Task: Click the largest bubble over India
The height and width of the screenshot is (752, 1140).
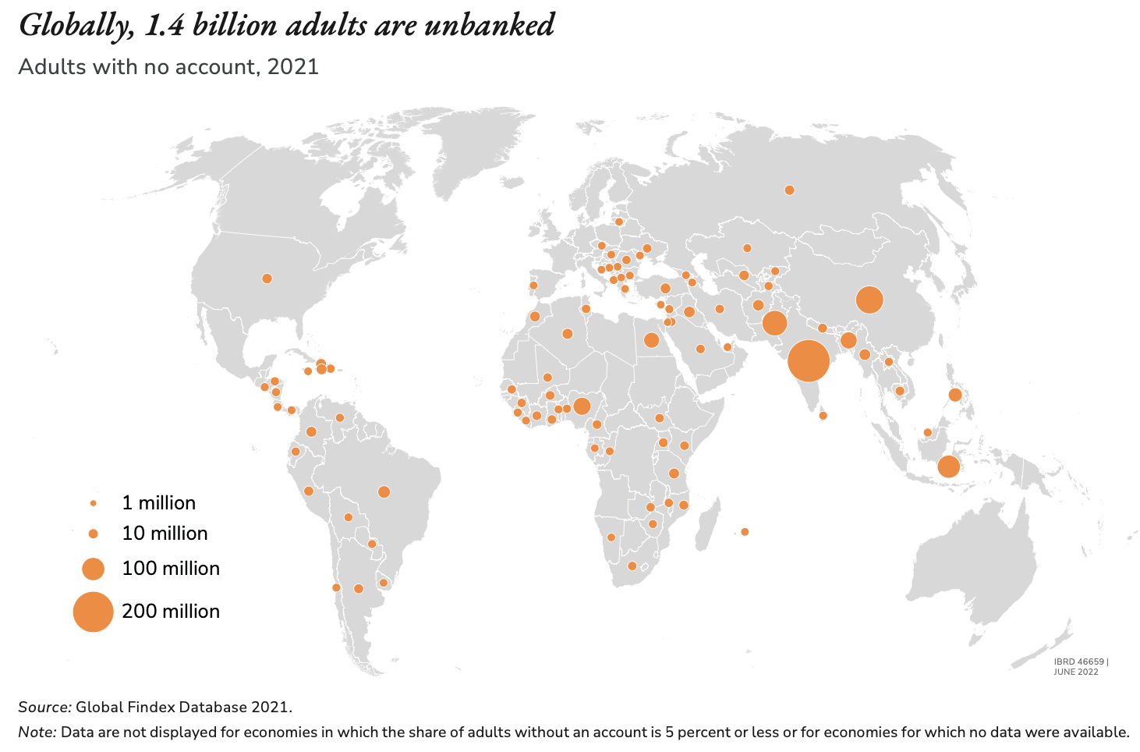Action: point(808,361)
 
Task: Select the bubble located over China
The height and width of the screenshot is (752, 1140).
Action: point(869,300)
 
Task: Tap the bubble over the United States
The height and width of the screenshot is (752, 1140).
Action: point(267,278)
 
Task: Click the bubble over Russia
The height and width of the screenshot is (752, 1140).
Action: point(789,190)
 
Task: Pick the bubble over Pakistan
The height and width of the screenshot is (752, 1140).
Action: point(774,322)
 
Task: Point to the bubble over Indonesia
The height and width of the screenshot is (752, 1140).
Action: point(948,466)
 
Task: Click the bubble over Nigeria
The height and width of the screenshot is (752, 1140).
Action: point(581,406)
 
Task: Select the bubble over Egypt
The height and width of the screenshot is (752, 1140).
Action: point(651,340)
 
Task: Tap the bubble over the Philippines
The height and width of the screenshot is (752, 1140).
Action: point(954,395)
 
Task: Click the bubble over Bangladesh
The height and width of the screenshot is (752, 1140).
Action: point(848,340)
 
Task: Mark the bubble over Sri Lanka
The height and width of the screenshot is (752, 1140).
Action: point(823,415)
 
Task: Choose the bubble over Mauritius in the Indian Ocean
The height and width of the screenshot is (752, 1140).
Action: point(744,532)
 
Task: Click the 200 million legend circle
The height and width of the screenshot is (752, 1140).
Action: point(93,612)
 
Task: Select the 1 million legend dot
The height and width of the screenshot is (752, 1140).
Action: point(93,503)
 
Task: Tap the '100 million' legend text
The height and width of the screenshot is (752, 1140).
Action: point(171,569)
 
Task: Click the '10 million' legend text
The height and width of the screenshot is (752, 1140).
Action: point(165,534)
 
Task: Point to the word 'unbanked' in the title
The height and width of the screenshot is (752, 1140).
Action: point(489,26)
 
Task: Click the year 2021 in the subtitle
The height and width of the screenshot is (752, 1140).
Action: point(292,66)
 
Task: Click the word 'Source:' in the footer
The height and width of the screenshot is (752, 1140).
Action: point(44,708)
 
